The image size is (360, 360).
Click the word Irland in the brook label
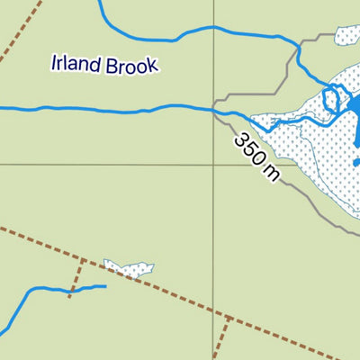click(75, 64)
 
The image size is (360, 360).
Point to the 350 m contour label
click(257, 156)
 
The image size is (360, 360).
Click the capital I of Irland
click(55, 63)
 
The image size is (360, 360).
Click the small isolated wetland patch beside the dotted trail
click(129, 267)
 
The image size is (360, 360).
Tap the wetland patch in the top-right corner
click(348, 36)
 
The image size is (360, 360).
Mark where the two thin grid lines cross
click(214, 165)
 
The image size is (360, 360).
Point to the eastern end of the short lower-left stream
click(105, 286)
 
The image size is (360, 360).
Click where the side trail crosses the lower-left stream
click(71, 291)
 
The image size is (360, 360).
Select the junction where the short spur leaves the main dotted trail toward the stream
click(83, 259)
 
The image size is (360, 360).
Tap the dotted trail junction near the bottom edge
click(229, 318)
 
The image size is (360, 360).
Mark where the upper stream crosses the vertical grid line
click(214, 28)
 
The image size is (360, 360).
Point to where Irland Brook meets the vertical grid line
click(214, 110)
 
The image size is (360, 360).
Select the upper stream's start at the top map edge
click(99, 2)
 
